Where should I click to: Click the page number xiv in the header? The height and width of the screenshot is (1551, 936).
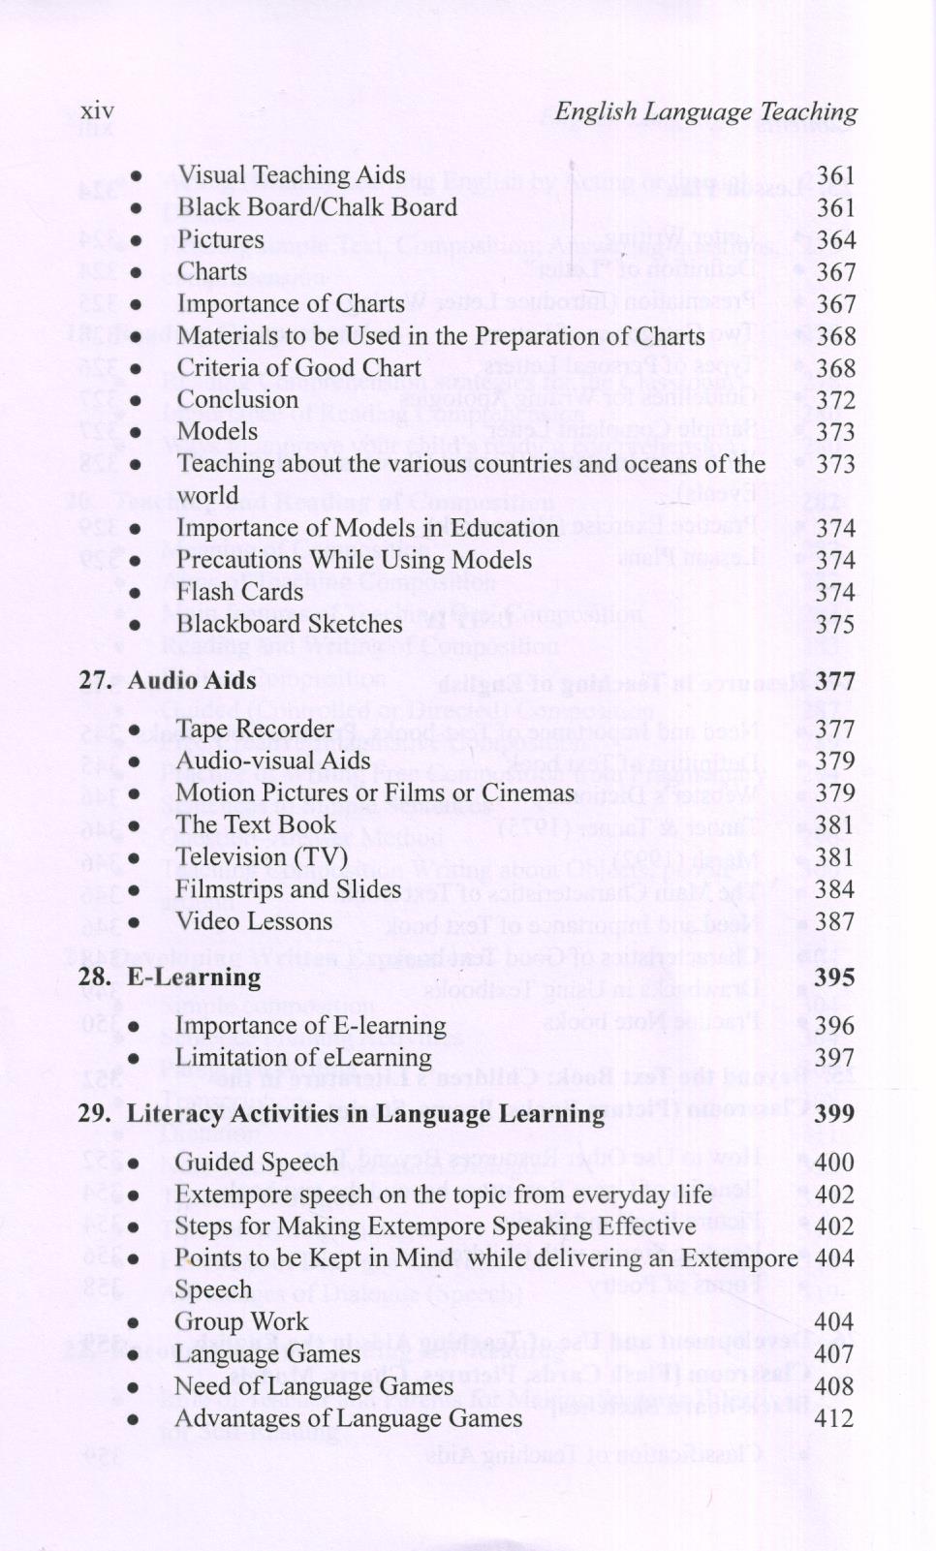pyautogui.click(x=97, y=112)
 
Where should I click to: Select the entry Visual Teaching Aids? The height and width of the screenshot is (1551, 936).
pyautogui.click(x=291, y=175)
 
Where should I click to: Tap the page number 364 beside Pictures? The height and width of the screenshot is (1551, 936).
pyautogui.click(x=835, y=240)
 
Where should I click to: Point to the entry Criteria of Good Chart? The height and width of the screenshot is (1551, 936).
pyautogui.click(x=298, y=368)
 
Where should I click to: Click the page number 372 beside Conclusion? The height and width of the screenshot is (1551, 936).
pyautogui.click(x=835, y=400)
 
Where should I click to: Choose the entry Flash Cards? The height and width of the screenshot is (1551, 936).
pyautogui.click(x=240, y=592)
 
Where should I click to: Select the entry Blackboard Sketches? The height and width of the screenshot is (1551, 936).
pyautogui.click(x=289, y=624)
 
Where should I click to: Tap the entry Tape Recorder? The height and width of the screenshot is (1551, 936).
pyautogui.click(x=255, y=729)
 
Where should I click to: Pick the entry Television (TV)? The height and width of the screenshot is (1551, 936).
pyautogui.click(x=261, y=857)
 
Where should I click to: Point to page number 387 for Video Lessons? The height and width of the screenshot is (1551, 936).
pyautogui.click(x=834, y=922)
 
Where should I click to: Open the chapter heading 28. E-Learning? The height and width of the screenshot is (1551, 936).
pyautogui.click(x=170, y=977)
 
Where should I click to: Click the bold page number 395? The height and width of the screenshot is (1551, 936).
pyautogui.click(x=834, y=977)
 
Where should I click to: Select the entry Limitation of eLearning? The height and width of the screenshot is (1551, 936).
pyautogui.click(x=302, y=1058)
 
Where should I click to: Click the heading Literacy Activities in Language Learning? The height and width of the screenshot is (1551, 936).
pyautogui.click(x=365, y=1114)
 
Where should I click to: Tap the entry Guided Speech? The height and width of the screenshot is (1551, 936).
pyautogui.click(x=256, y=1163)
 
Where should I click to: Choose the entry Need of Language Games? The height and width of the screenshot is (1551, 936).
pyautogui.click(x=313, y=1387)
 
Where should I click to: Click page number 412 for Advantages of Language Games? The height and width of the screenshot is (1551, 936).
pyautogui.click(x=834, y=1419)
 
